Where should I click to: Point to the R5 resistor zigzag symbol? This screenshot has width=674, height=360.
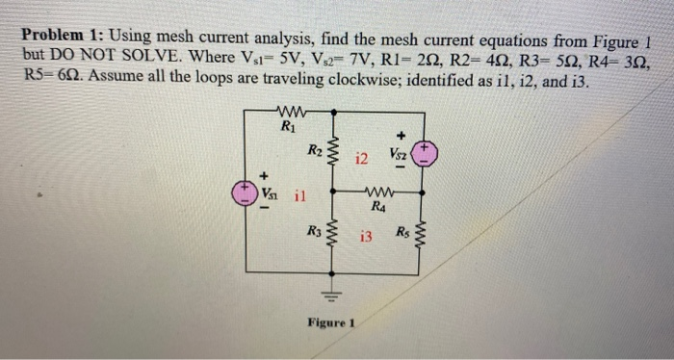pos(427,237)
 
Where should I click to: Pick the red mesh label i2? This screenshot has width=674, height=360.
pos(362,158)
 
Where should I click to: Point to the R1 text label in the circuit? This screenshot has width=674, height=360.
pos(288,125)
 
